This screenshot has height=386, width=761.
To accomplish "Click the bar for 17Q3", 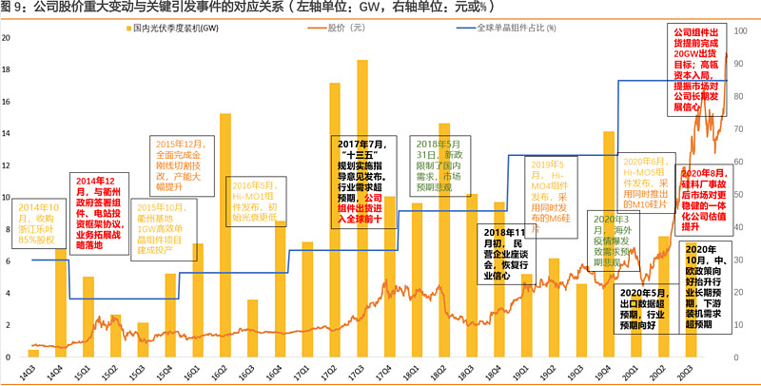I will pyautogui.click(x=362, y=209).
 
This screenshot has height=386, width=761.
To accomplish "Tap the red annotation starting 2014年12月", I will pyautogui.click(x=98, y=204).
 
